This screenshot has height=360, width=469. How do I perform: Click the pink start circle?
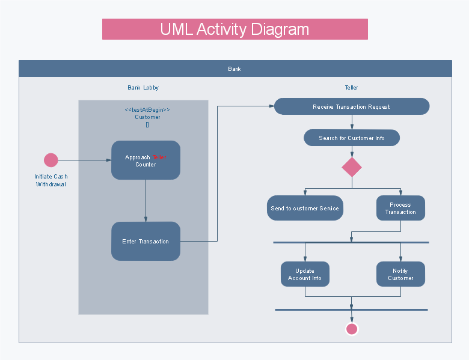pos(51,160)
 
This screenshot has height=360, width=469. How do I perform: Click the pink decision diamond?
pos(352,167)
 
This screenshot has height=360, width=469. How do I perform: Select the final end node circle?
pos(352,329)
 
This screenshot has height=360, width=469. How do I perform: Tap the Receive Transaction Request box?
pos(352,106)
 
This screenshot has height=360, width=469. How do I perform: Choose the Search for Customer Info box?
pos(352,138)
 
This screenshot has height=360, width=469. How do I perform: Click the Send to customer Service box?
pos(305,208)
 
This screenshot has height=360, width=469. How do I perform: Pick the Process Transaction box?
pos(401,208)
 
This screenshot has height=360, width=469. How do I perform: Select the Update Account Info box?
pos(305,274)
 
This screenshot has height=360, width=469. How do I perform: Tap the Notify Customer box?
pos(401,274)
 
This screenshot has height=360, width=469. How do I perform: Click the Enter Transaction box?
pos(146,241)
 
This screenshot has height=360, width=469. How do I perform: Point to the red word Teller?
pos(159,157)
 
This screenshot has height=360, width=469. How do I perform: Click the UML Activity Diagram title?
pos(234,29)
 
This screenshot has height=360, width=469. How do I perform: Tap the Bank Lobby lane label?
pos(143,88)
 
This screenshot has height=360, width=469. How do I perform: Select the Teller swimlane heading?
pos(352,88)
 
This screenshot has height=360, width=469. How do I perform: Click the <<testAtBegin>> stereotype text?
pos(147,110)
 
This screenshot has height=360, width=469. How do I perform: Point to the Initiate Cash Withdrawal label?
pos(51,180)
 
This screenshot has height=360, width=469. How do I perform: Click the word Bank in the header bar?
pos(234,69)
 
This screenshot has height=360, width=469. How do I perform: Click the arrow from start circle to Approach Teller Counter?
pos(85,160)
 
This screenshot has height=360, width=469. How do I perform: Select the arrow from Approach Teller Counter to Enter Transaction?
pos(146,201)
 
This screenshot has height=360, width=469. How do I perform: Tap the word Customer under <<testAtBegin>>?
pos(147,117)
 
